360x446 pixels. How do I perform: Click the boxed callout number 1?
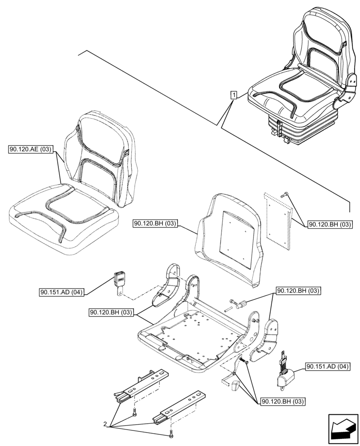click(233, 94)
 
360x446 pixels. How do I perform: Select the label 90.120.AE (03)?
click(30, 149)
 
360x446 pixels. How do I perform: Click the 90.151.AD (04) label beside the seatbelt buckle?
click(61, 293)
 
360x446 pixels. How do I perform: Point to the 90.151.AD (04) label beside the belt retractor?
click(328, 367)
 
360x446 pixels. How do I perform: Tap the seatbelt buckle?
click(120, 281)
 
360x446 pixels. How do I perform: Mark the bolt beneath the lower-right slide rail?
click(170, 434)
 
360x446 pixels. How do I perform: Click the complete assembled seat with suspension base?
click(303, 80)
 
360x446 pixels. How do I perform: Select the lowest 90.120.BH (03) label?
click(282, 401)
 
